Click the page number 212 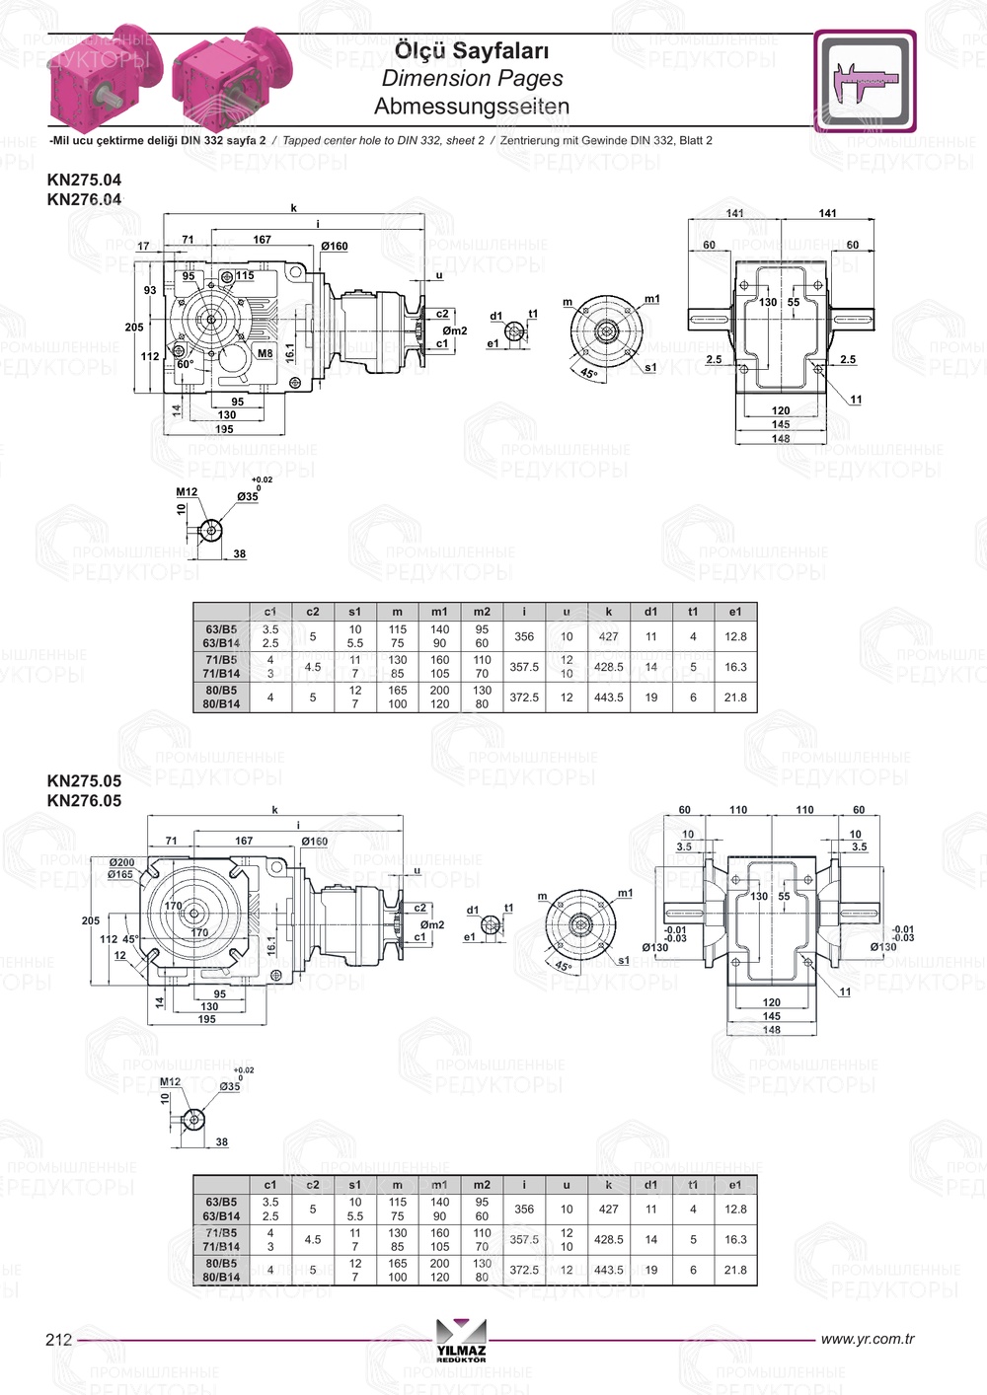(x=59, y=1339)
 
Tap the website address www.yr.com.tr (x=867, y=1339)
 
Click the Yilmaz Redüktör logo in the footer (x=461, y=1340)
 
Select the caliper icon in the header (x=865, y=81)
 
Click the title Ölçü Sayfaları (x=472, y=50)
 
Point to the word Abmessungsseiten (x=472, y=106)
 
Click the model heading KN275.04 (x=84, y=180)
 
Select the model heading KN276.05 (x=84, y=800)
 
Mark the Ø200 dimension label (x=121, y=862)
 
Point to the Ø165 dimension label (x=120, y=874)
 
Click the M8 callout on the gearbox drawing (x=265, y=353)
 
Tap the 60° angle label (x=185, y=364)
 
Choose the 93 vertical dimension (x=150, y=291)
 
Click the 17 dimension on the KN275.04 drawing (x=144, y=247)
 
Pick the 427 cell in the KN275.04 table (x=608, y=636)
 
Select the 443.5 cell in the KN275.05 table (x=608, y=1270)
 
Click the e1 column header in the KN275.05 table (x=735, y=1185)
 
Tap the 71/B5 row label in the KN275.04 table (x=221, y=659)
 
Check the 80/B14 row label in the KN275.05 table (x=221, y=1277)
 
